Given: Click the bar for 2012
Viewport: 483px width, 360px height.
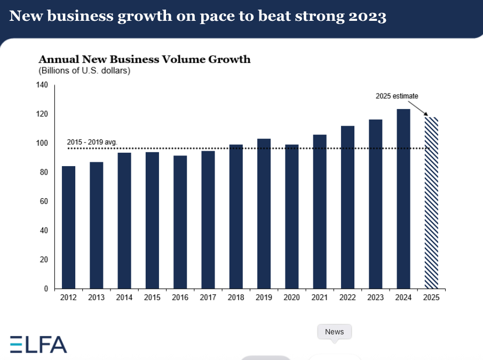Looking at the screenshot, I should (68, 227).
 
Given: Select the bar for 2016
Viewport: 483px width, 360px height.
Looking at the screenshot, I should (180, 222).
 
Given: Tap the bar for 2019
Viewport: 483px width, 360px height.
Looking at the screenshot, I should (264, 214).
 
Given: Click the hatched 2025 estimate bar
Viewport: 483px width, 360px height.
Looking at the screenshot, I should (431, 203).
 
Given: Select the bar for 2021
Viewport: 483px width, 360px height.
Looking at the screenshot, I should (320, 212).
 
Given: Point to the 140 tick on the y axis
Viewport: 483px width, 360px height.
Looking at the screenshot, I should (43, 85).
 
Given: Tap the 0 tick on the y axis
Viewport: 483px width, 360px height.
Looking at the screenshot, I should (46, 288).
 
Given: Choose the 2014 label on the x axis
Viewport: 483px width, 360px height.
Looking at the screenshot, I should (124, 298).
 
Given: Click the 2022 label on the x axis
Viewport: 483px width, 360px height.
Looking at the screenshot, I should (347, 298).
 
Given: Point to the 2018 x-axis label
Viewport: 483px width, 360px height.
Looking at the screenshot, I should (236, 298).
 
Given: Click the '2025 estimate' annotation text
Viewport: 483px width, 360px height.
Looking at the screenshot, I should (397, 96).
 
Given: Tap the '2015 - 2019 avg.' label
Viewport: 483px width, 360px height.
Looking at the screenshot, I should (92, 142).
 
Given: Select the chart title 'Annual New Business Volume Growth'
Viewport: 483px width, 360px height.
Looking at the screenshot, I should (144, 59).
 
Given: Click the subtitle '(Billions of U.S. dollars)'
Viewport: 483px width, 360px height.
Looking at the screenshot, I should (84, 71).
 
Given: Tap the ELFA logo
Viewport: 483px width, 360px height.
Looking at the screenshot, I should (38, 345).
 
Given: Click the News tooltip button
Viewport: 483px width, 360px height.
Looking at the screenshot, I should (335, 332).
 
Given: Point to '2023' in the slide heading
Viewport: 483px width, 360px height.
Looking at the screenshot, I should (365, 17).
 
